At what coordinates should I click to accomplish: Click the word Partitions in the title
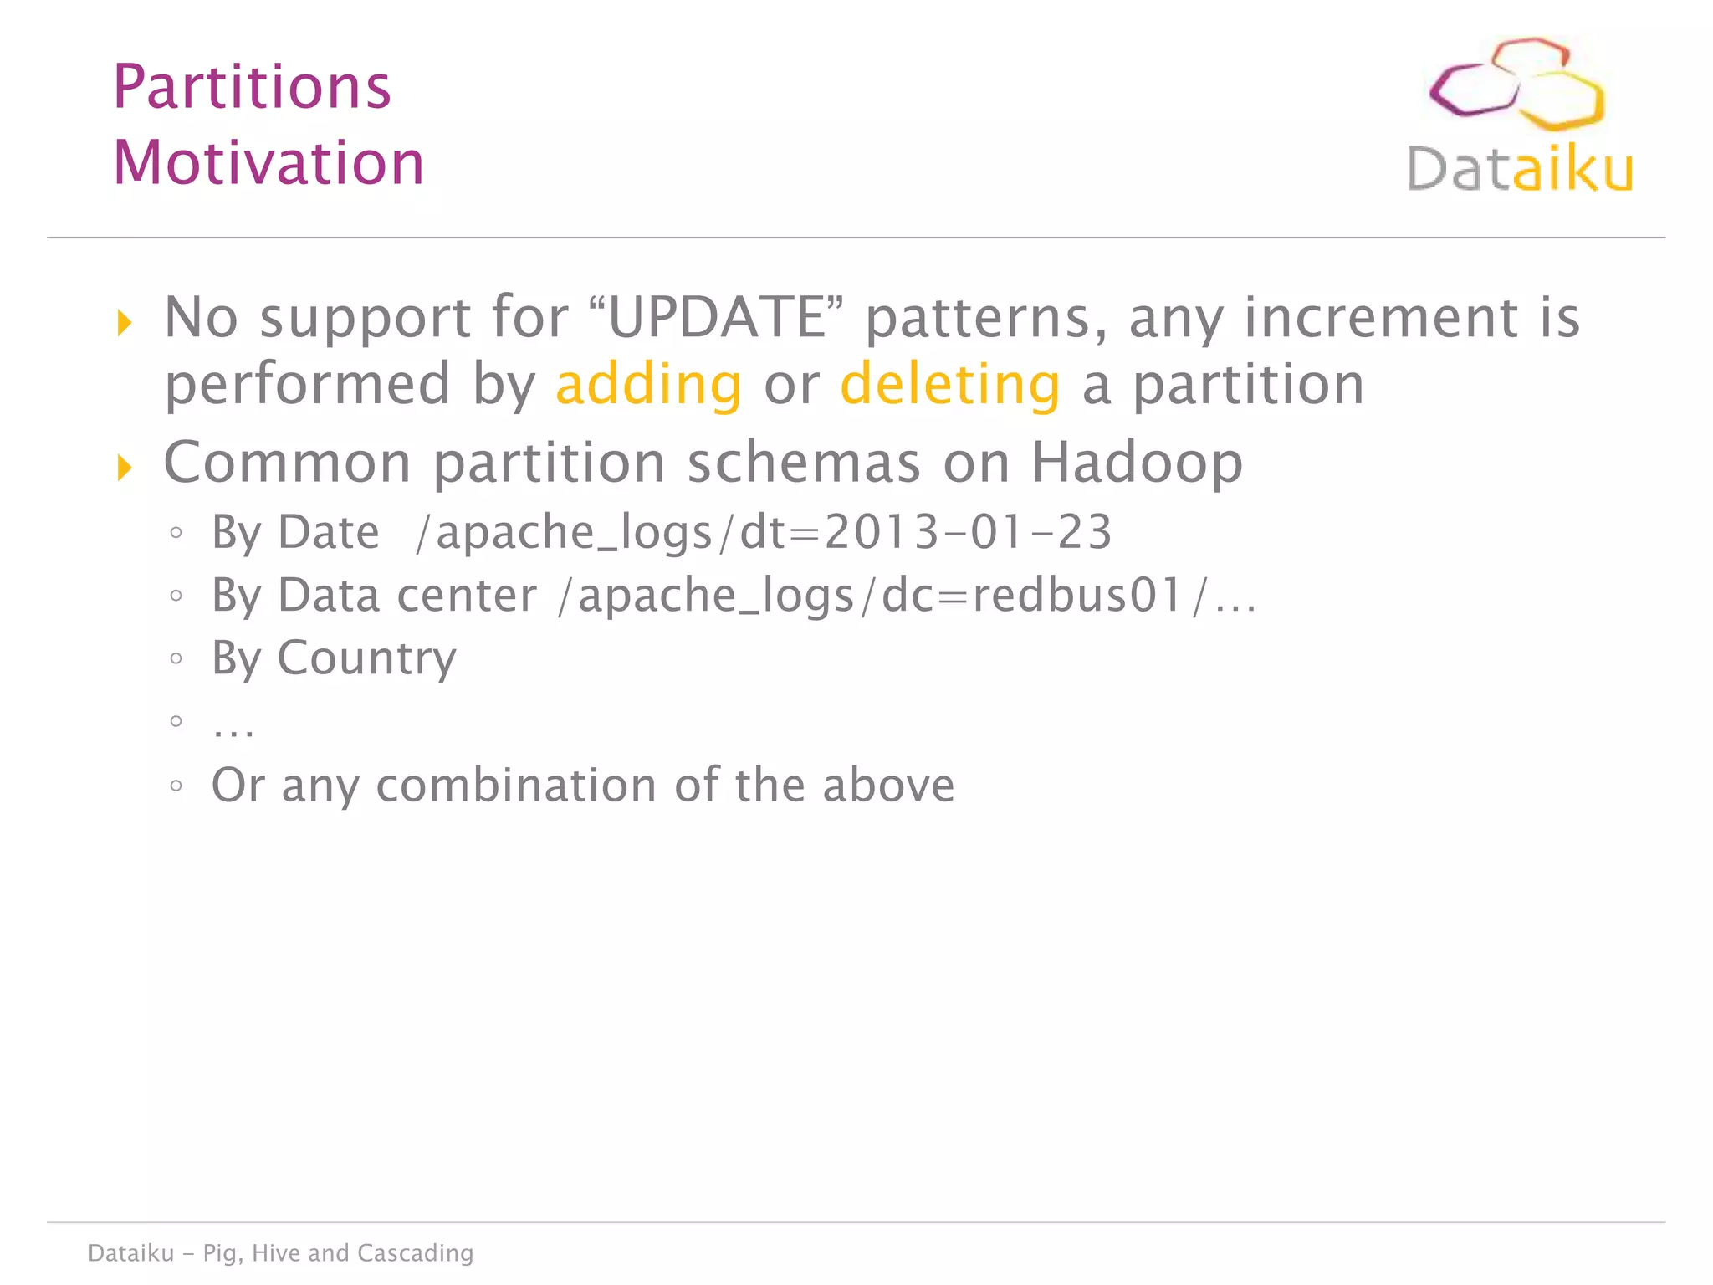click(252, 87)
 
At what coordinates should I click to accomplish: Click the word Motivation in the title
click(268, 162)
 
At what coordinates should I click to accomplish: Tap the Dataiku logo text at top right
click(1519, 170)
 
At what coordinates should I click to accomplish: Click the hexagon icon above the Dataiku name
click(1516, 84)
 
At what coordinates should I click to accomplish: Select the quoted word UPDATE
click(716, 318)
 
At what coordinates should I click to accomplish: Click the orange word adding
click(648, 385)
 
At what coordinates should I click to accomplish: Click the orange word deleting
click(950, 385)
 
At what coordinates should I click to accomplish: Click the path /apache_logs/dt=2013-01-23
click(763, 533)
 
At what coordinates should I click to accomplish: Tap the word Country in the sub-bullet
click(366, 658)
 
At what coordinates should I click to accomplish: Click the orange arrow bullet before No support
click(125, 322)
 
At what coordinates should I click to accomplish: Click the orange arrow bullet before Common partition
click(125, 468)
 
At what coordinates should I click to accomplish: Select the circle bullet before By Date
click(176, 533)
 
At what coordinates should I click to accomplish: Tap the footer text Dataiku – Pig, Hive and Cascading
click(280, 1252)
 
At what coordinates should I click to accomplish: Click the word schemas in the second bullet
click(803, 463)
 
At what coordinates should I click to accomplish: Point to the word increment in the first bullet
click(1380, 318)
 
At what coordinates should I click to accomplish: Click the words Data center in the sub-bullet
click(407, 596)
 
